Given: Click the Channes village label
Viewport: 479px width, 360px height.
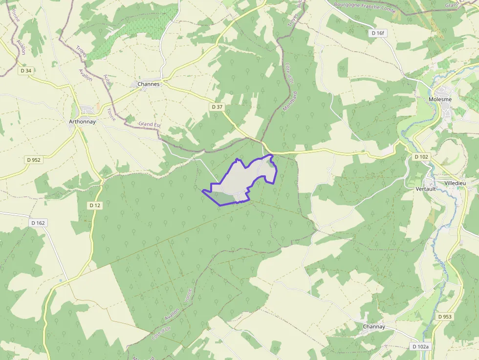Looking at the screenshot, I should tap(149, 84).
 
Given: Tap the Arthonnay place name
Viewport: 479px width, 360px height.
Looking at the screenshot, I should tap(82, 122).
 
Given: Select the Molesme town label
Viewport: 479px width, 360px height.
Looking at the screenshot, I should tap(440, 99).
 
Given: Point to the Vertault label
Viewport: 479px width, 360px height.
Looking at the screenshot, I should tap(425, 189).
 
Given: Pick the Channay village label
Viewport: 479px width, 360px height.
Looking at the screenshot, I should tap(374, 327).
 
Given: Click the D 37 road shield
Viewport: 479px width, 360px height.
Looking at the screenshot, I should tap(217, 106).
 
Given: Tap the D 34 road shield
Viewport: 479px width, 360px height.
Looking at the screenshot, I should tap(26, 71).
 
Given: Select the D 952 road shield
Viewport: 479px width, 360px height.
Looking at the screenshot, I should tap(33, 160).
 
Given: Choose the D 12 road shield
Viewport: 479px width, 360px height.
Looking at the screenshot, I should tap(95, 206).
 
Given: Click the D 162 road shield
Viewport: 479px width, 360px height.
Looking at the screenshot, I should tap(38, 223).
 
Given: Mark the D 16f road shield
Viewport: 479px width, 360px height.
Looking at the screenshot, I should tap(378, 33).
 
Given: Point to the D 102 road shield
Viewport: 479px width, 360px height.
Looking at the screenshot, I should tap(421, 157).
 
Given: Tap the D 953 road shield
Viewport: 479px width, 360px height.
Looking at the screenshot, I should tap(445, 317).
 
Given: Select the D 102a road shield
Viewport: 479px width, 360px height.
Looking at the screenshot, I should tap(420, 347).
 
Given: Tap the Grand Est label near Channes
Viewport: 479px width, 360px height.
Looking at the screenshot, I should tap(150, 125).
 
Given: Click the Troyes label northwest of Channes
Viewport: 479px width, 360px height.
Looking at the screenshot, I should tap(81, 52).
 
